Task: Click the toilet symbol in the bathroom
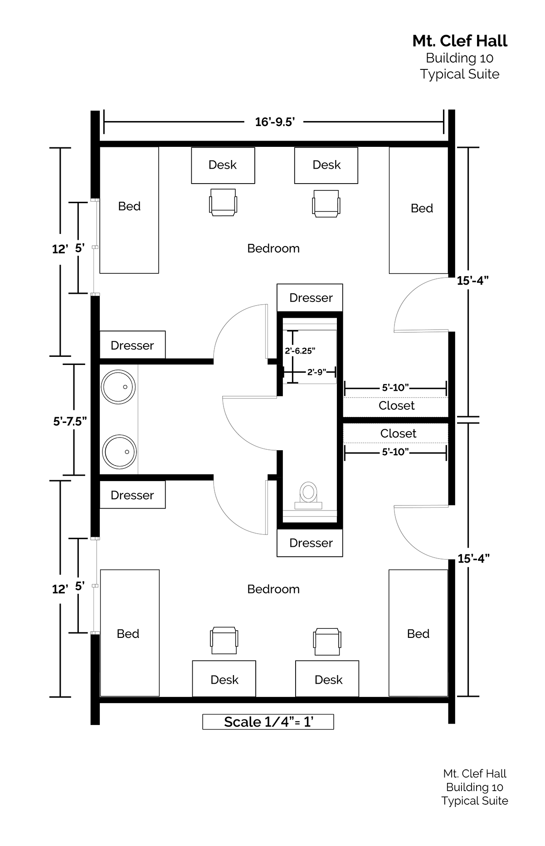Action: coord(309,495)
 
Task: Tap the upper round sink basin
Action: coord(118,387)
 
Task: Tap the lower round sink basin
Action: coord(119,452)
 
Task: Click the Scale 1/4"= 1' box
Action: coord(268,722)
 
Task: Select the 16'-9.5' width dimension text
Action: coord(275,122)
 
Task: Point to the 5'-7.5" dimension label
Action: coord(70,421)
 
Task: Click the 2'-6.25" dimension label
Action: coord(300,350)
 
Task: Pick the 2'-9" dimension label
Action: coord(316,372)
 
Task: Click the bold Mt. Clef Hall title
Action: coord(460,41)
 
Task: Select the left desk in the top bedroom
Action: coord(223,165)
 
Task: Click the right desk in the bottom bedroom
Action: coord(327,679)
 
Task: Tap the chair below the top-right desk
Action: coord(326,203)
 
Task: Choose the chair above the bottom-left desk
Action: coord(224,641)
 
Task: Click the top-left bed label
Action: coord(129,206)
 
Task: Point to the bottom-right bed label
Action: coord(418,634)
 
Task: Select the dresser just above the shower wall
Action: coord(310,297)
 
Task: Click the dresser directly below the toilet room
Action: coord(310,543)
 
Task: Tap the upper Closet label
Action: coord(397,405)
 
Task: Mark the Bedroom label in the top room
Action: coord(273,248)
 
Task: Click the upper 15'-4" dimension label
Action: coord(473,281)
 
